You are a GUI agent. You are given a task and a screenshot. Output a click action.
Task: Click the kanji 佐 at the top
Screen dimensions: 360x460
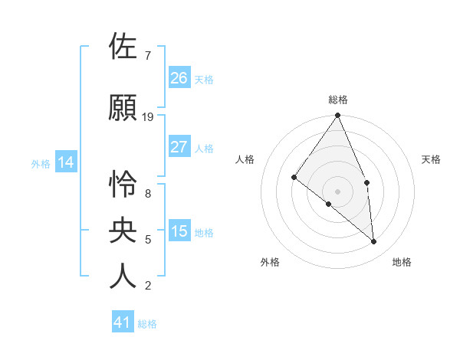123,46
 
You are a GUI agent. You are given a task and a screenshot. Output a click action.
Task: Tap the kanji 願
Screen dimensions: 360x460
123,108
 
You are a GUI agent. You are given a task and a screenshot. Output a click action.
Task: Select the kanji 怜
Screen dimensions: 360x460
123,184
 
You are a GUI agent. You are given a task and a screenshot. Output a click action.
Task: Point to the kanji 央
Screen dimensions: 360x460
123,230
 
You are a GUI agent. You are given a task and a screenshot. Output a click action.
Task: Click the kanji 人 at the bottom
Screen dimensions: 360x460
123,276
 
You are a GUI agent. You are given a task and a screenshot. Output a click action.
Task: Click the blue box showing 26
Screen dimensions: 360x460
179,77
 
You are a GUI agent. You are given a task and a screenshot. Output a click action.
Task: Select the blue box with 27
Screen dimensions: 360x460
179,147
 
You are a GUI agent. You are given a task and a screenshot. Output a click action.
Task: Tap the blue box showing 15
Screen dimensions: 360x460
179,231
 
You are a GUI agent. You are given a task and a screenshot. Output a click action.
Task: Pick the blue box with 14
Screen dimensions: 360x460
65,162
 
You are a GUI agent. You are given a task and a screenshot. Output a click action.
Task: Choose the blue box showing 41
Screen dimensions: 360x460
123,322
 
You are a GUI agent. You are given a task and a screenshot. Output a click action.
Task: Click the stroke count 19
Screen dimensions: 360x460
148,116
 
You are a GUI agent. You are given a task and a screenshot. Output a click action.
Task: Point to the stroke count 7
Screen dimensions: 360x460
147,56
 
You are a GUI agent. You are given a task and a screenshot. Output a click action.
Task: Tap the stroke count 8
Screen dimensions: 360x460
147,194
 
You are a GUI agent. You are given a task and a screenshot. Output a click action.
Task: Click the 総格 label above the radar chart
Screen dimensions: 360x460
338,100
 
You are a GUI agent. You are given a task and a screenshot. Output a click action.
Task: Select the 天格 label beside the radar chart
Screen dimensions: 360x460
431,159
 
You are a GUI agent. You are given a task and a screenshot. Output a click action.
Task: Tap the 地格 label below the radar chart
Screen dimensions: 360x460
402,262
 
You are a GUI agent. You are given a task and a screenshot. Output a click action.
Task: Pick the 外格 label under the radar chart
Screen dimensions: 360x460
270,262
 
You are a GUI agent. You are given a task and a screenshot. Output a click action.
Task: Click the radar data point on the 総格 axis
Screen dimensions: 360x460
338,116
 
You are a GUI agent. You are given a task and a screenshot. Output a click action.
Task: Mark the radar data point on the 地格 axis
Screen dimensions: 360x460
374,241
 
